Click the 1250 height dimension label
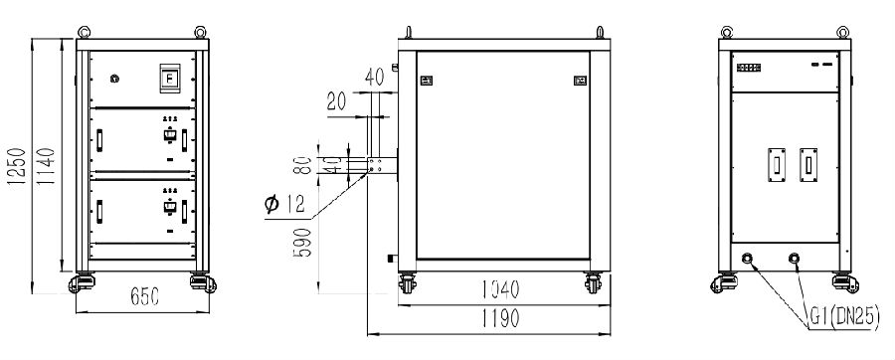point(17,166)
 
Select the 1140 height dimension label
point(46,166)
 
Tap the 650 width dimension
point(144,296)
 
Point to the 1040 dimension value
point(500,289)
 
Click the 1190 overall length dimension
point(500,319)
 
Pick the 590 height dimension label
point(303,243)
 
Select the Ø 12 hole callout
point(286,204)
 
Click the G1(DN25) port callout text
point(844,318)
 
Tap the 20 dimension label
point(337,102)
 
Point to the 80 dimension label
point(305,165)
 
